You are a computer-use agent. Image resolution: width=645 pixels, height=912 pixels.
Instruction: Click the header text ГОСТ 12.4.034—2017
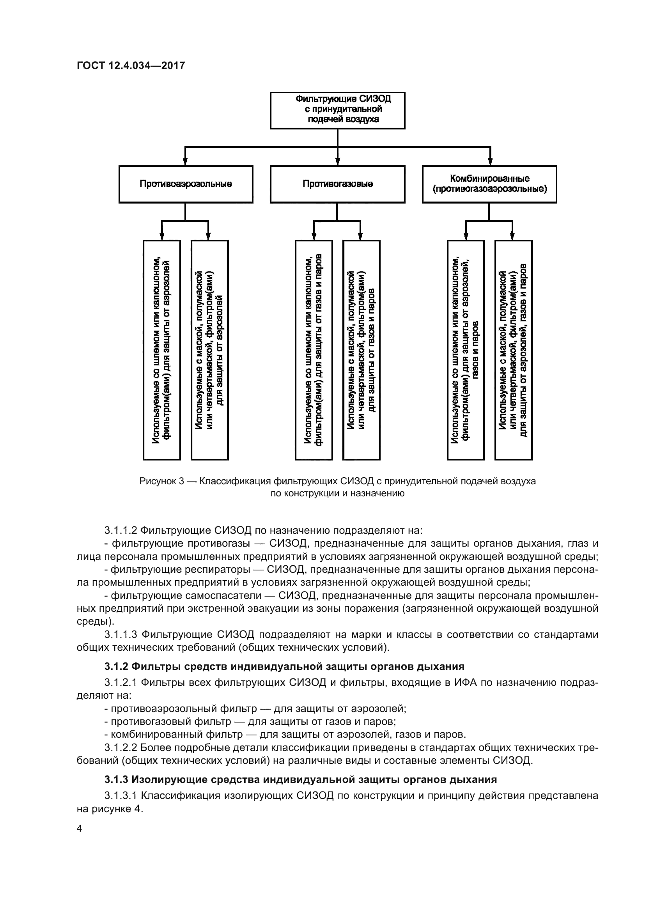tap(131, 66)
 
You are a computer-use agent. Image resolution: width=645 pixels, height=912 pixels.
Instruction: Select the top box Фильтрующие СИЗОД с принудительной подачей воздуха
tap(337, 110)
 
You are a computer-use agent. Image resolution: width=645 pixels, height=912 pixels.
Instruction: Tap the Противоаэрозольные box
tap(186, 184)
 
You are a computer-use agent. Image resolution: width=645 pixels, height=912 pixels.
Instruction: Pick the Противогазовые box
tap(337, 184)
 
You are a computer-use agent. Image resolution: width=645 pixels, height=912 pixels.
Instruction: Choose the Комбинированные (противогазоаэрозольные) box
tap(489, 184)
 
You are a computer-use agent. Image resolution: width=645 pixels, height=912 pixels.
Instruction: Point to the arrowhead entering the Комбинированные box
tap(491, 162)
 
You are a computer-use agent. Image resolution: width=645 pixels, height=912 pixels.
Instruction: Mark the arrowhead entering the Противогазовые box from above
tap(338, 162)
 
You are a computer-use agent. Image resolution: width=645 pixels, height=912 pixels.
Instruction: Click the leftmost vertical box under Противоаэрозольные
tap(162, 349)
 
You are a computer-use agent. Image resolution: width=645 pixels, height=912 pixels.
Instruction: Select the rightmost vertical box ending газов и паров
tap(513, 349)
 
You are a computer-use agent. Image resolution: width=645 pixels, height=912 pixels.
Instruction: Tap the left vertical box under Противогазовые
tap(314, 349)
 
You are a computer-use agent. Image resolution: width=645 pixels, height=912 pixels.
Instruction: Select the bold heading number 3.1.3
tap(116, 779)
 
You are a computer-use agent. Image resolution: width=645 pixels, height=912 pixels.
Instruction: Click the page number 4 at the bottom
tap(80, 829)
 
